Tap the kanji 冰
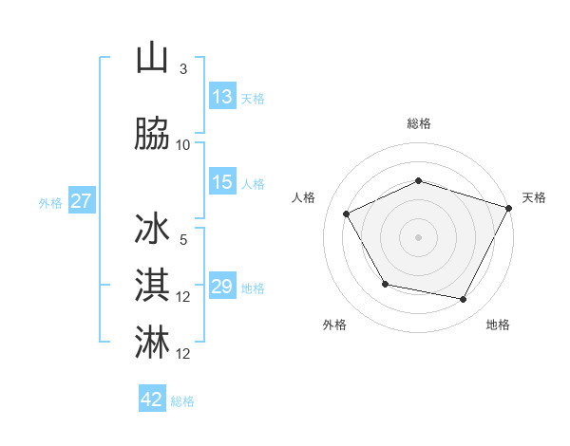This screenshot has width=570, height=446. (x=153, y=230)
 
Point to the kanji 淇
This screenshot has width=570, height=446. (x=153, y=285)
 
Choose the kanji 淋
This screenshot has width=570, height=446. (x=153, y=342)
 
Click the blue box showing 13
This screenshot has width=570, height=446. (x=222, y=96)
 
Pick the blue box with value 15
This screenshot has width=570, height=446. (x=222, y=182)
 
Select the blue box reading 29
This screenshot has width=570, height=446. (x=222, y=287)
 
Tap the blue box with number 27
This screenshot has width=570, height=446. (x=81, y=201)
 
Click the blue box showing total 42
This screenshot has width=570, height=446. (x=152, y=400)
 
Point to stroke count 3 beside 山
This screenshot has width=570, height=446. (x=183, y=68)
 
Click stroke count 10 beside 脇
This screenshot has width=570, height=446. (x=183, y=144)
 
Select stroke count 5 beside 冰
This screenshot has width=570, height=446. (x=183, y=240)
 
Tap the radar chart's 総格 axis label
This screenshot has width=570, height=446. (x=419, y=123)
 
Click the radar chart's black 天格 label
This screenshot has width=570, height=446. (x=534, y=197)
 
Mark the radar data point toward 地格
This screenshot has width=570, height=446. (x=464, y=300)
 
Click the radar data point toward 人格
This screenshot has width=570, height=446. (x=347, y=214)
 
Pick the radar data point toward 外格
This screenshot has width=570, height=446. (x=385, y=285)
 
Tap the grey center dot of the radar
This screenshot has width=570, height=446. (x=419, y=237)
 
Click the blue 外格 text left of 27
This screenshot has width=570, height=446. (x=50, y=202)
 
